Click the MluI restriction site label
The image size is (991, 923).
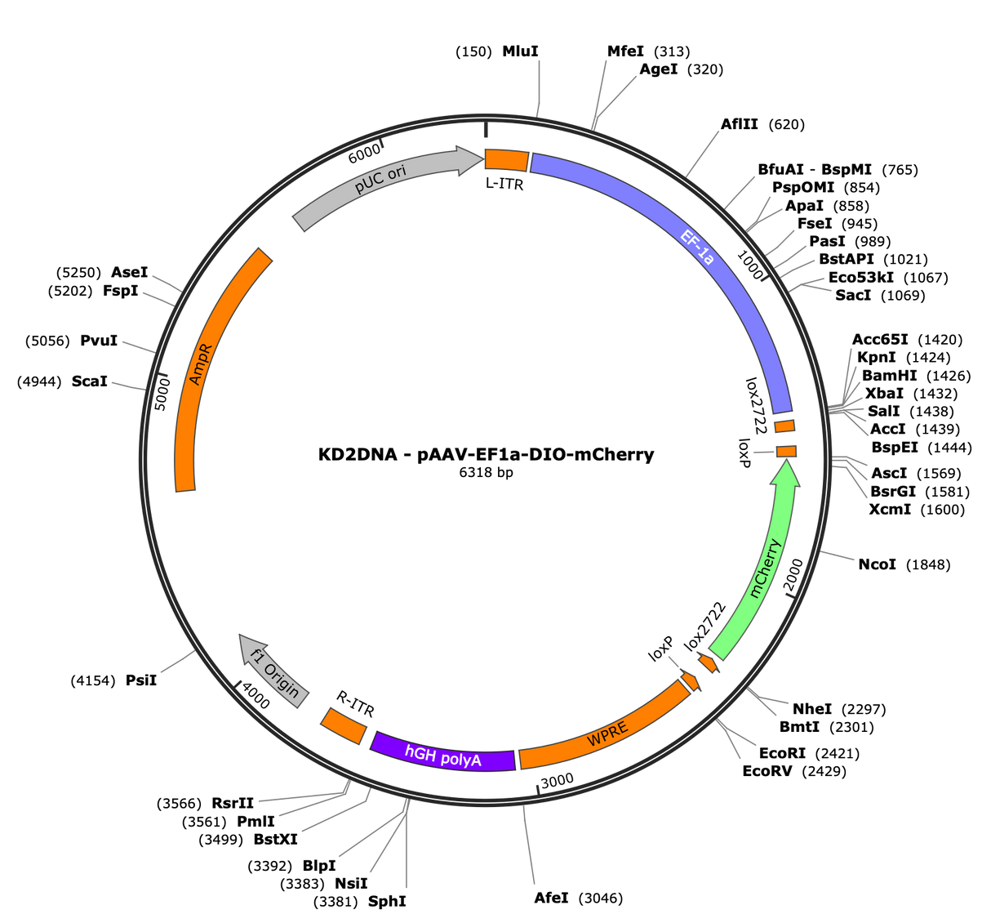click(x=520, y=51)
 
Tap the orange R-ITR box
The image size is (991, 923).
click(x=344, y=725)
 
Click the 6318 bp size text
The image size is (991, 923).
click(x=486, y=472)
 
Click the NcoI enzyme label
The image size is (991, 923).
click(x=877, y=564)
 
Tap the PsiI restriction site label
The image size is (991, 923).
click(x=140, y=680)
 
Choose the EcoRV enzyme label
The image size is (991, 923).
click(x=767, y=771)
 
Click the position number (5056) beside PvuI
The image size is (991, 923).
click(x=47, y=341)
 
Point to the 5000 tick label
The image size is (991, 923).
click(x=162, y=395)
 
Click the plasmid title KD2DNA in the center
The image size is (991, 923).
click(x=358, y=454)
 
